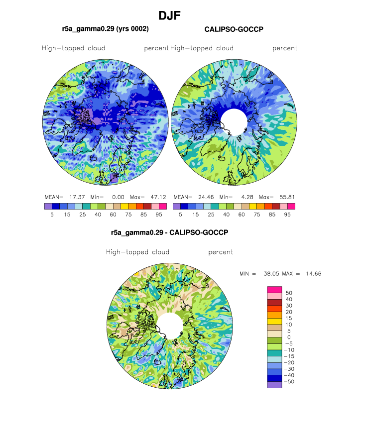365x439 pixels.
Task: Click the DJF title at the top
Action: point(169,15)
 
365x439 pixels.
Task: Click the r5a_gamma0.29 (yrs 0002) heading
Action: point(106,29)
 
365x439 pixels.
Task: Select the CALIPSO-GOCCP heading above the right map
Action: point(234,29)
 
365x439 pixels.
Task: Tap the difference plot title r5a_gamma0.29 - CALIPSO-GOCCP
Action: point(170,232)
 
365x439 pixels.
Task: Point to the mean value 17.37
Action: point(77,197)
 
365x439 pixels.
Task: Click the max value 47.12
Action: point(158,197)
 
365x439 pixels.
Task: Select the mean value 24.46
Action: point(206,197)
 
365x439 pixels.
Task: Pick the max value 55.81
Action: point(287,197)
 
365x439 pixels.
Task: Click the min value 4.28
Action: point(247,197)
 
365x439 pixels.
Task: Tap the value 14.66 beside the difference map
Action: point(313,274)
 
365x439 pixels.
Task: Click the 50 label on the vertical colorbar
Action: point(289,293)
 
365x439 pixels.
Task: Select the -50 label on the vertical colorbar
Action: point(289,382)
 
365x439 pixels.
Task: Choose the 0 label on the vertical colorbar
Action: point(289,337)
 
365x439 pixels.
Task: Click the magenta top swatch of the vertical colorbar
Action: point(274,290)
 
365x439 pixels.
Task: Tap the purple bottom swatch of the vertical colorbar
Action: point(274,385)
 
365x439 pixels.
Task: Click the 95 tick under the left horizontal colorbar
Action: point(159,215)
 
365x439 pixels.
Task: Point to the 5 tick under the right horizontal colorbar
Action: point(180,215)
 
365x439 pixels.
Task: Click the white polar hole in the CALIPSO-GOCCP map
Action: point(234,122)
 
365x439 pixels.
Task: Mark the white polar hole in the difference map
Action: point(170,326)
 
